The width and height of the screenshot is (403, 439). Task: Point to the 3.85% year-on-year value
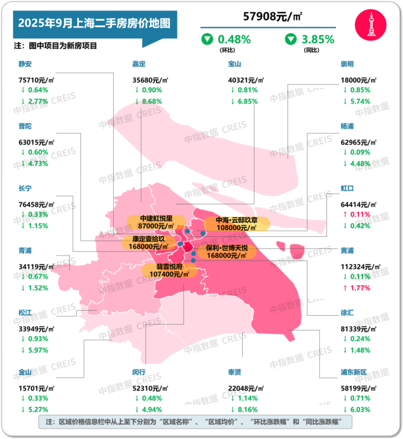pyautogui.click(x=318, y=39)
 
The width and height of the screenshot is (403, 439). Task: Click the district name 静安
pyautogui.click(x=26, y=64)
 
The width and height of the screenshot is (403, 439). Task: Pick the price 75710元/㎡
pyautogui.click(x=37, y=80)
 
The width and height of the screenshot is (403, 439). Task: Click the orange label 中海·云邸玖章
pyautogui.click(x=236, y=223)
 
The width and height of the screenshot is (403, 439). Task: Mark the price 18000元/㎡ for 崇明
pyautogui.click(x=359, y=80)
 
